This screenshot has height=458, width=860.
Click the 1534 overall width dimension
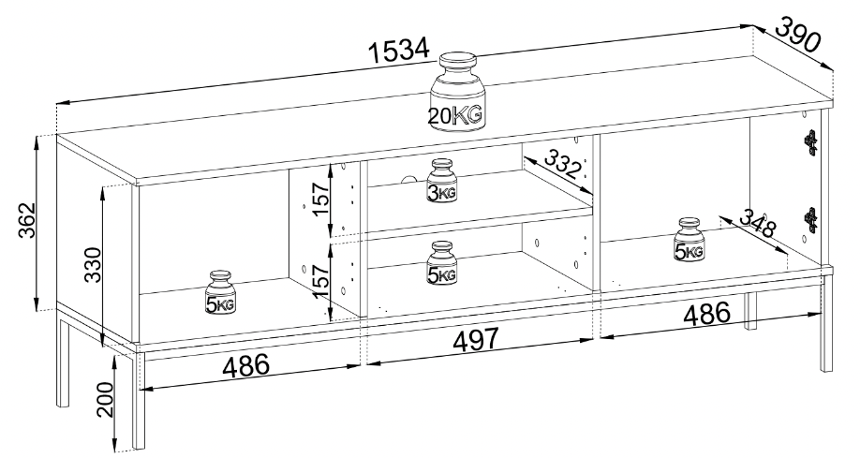pos(398,51)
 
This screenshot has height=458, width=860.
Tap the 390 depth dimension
pos(798,35)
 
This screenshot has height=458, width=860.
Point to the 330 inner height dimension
pos(94,264)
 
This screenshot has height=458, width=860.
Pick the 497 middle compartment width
pos(475,341)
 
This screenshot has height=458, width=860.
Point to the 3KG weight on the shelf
pos(441,181)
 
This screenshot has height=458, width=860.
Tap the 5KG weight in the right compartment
pos(689,239)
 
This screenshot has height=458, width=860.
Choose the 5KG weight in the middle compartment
pos(441,263)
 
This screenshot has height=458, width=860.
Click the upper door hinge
pos(810,141)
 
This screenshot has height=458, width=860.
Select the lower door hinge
pos(810,218)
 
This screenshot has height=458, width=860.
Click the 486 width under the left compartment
pos(245,365)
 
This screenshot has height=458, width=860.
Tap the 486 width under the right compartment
pos(707,314)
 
